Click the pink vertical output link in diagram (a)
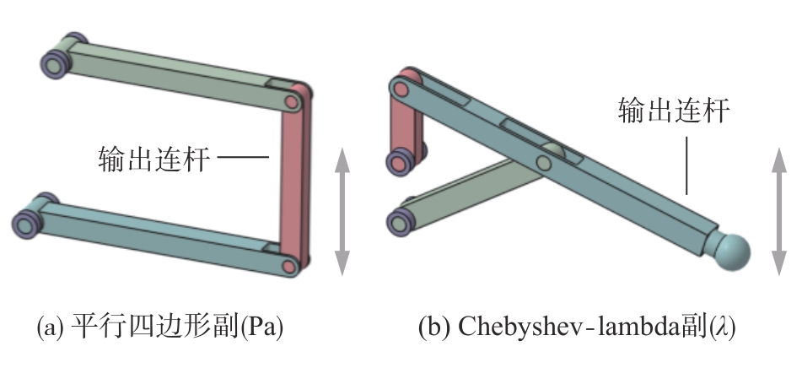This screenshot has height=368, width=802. [296, 181]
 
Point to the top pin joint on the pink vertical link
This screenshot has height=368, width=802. [292, 102]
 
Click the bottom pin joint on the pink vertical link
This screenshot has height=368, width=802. [289, 266]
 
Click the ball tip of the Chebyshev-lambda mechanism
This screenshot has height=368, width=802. [730, 251]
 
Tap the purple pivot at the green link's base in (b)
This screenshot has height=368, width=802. [397, 221]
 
